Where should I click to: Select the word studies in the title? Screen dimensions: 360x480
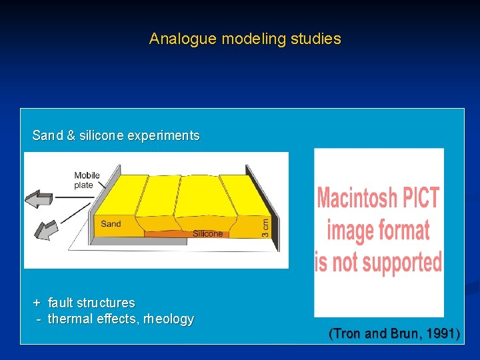tap(315, 39)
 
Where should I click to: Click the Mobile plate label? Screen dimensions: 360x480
tap(87, 180)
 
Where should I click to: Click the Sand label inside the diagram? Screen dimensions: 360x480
tap(111, 224)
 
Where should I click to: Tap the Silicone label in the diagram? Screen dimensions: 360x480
tap(207, 234)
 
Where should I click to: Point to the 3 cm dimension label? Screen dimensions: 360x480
tap(265, 217)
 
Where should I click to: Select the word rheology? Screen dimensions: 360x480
tap(167, 319)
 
